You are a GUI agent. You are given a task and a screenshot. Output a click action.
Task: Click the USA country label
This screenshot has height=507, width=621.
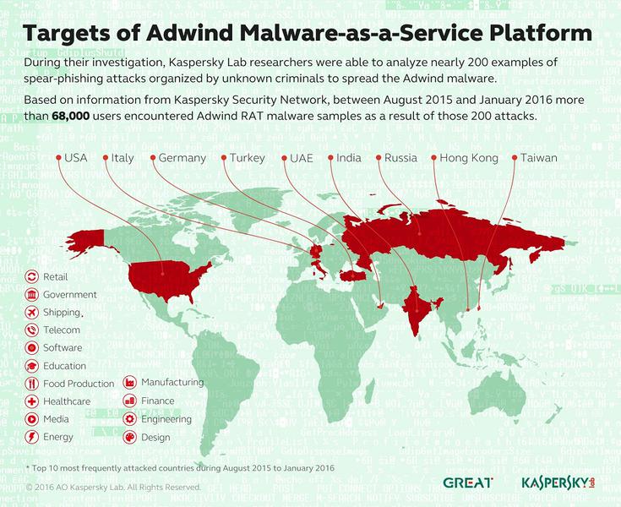click(x=76, y=158)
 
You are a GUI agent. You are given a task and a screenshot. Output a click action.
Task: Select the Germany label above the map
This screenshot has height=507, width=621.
click(x=182, y=158)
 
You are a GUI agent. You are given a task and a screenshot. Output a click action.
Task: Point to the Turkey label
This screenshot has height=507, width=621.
click(x=246, y=158)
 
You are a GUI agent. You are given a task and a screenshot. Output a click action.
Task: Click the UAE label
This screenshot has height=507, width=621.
click(x=302, y=158)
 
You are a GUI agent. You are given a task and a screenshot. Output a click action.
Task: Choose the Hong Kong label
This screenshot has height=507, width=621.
click(x=467, y=158)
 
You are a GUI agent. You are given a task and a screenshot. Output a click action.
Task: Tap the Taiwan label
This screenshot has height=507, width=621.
click(x=538, y=158)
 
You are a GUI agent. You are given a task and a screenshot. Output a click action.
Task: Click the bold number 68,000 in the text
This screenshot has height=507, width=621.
click(x=72, y=117)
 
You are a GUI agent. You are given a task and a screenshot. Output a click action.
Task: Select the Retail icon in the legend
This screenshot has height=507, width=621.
click(x=31, y=276)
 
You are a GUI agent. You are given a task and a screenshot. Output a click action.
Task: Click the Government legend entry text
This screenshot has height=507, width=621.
click(x=69, y=295)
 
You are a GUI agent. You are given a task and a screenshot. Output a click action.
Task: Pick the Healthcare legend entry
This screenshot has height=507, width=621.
click(x=66, y=401)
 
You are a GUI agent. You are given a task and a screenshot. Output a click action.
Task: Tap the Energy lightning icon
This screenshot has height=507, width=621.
click(x=31, y=437)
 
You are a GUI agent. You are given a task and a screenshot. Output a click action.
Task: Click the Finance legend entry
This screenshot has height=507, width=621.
click(x=157, y=401)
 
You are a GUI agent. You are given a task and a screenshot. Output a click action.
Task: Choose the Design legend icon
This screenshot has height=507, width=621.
click(x=130, y=437)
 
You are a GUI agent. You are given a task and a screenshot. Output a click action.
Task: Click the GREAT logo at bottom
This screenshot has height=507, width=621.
click(x=464, y=482)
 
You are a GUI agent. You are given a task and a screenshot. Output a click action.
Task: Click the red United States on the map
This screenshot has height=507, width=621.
click(x=165, y=279)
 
